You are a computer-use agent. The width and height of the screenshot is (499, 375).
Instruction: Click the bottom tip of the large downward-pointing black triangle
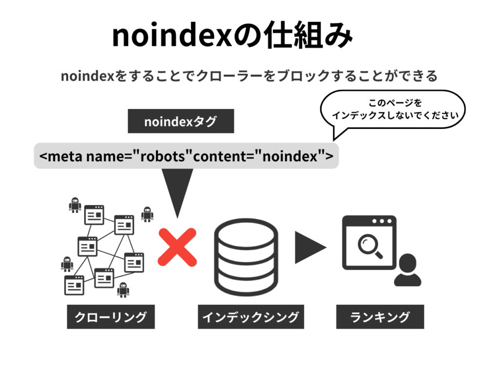[x=177, y=219]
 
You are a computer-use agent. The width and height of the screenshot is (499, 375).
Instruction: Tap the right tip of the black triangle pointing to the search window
[x=327, y=247]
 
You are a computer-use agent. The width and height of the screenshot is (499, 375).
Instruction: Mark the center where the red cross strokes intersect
[x=177, y=247]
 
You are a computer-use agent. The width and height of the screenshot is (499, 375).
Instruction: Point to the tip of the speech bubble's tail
[x=333, y=140]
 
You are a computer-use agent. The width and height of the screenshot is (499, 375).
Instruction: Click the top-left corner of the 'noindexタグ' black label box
[x=128, y=109]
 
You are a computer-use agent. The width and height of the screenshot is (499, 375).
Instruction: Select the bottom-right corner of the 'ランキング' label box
[x=424, y=329]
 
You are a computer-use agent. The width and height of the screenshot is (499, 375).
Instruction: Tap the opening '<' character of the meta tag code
[x=43, y=156]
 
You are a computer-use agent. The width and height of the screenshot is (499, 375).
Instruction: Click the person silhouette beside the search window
[x=407, y=270]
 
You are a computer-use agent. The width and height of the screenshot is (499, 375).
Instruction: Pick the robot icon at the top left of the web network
[x=75, y=205]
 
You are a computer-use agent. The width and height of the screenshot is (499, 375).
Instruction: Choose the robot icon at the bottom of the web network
[x=123, y=290]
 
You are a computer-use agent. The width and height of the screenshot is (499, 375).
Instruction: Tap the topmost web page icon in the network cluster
[x=94, y=215]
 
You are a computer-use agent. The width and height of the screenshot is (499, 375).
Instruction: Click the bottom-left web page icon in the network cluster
[x=74, y=285]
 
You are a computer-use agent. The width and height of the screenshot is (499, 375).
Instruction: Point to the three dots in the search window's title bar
[x=382, y=221]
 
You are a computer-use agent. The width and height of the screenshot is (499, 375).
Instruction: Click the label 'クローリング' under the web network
[x=111, y=316]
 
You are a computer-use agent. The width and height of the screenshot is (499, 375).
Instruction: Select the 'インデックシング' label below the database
[x=251, y=316]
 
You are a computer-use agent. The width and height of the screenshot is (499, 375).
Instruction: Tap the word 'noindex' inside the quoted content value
[x=290, y=156]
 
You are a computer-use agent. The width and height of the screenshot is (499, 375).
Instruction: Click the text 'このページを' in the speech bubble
[x=395, y=103]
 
